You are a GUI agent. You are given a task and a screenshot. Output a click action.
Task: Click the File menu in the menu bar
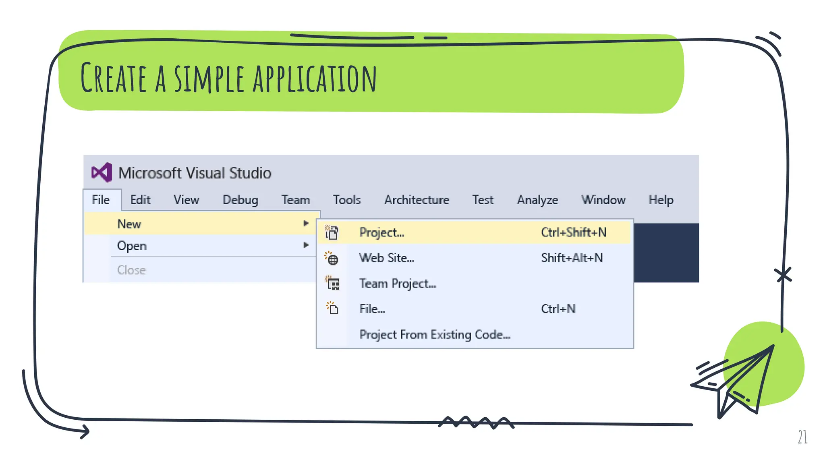tap(101, 200)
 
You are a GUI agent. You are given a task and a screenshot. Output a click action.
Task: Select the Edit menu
tap(140, 200)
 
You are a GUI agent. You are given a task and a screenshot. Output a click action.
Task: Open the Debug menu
tap(240, 200)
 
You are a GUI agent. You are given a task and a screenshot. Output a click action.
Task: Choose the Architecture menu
tap(417, 200)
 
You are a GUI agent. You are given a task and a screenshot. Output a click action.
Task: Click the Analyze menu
tap(537, 200)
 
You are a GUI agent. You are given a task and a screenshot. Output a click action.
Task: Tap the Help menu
tap(661, 200)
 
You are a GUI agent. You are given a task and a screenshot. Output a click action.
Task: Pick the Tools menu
tap(346, 200)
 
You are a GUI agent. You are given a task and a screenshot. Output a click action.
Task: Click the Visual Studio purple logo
tap(102, 173)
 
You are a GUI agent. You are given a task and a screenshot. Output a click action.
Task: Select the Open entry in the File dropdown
tap(132, 246)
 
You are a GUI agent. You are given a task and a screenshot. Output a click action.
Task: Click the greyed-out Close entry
tap(131, 270)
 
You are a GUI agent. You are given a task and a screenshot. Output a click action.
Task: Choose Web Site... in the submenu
tap(387, 258)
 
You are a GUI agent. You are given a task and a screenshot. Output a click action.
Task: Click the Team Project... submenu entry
tap(398, 284)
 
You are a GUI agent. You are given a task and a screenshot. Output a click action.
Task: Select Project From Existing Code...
tap(435, 335)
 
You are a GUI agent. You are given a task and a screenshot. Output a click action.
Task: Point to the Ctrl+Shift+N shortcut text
tap(574, 232)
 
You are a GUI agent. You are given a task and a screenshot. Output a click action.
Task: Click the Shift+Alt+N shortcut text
tap(572, 258)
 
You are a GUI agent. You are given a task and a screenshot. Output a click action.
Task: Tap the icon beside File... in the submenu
tap(332, 308)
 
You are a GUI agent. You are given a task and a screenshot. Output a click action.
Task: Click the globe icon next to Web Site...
tap(332, 259)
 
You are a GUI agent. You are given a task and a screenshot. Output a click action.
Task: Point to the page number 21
tap(802, 437)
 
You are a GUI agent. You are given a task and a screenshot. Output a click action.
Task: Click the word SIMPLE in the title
tap(209, 79)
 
